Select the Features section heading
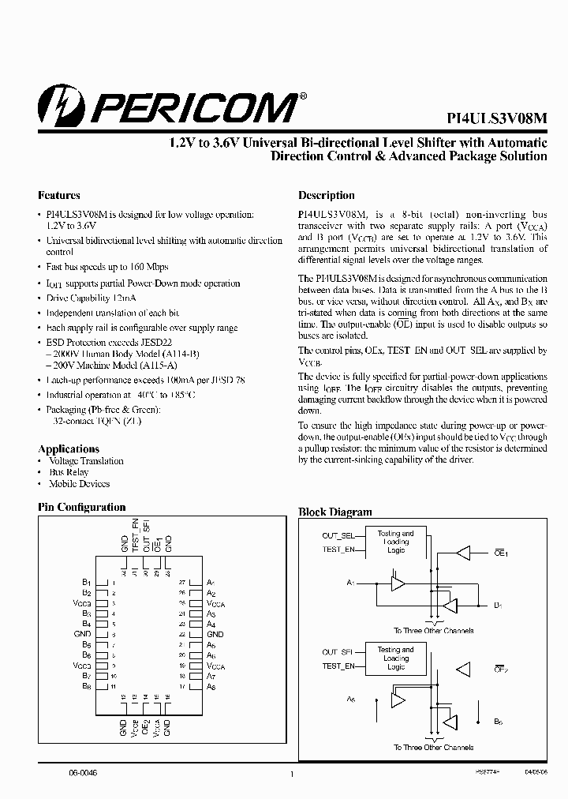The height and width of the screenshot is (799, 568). pos(59,195)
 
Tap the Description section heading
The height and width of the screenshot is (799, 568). pos(326,195)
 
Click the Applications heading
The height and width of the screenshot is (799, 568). pos(69,448)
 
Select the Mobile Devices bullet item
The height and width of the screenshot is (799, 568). pos(79,483)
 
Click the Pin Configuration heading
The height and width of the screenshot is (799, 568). pos(82,507)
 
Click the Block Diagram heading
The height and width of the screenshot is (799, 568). pos(335,512)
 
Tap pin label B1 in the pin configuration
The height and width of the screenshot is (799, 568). pos(87,582)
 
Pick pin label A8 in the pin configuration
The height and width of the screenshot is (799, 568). pos(211,687)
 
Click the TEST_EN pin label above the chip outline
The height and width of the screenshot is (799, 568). pos(135,535)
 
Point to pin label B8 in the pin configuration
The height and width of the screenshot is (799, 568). pos(87,687)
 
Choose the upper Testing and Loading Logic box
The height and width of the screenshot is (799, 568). pos(396,542)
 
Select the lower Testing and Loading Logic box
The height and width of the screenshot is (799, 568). pos(396,658)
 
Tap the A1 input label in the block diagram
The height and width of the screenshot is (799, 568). pos(351,583)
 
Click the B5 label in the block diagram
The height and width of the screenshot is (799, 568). pos(498,722)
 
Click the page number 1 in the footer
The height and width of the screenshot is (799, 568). pos(292,775)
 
